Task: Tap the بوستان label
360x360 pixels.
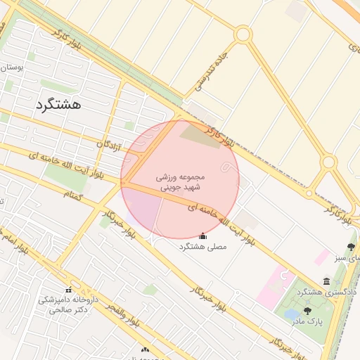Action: click(x=13, y=67)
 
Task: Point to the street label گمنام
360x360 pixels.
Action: click(x=73, y=193)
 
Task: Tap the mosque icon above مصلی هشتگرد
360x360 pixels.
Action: click(x=203, y=236)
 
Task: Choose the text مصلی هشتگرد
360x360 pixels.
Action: click(x=201, y=247)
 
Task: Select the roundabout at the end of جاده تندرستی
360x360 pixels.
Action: click(x=243, y=34)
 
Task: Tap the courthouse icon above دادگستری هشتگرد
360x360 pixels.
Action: click(x=326, y=281)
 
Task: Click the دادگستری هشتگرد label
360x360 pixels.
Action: click(x=327, y=291)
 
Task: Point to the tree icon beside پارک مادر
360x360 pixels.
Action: click(x=307, y=310)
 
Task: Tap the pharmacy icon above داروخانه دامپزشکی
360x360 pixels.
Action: click(x=69, y=290)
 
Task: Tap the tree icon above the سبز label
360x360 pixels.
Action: click(x=351, y=247)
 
